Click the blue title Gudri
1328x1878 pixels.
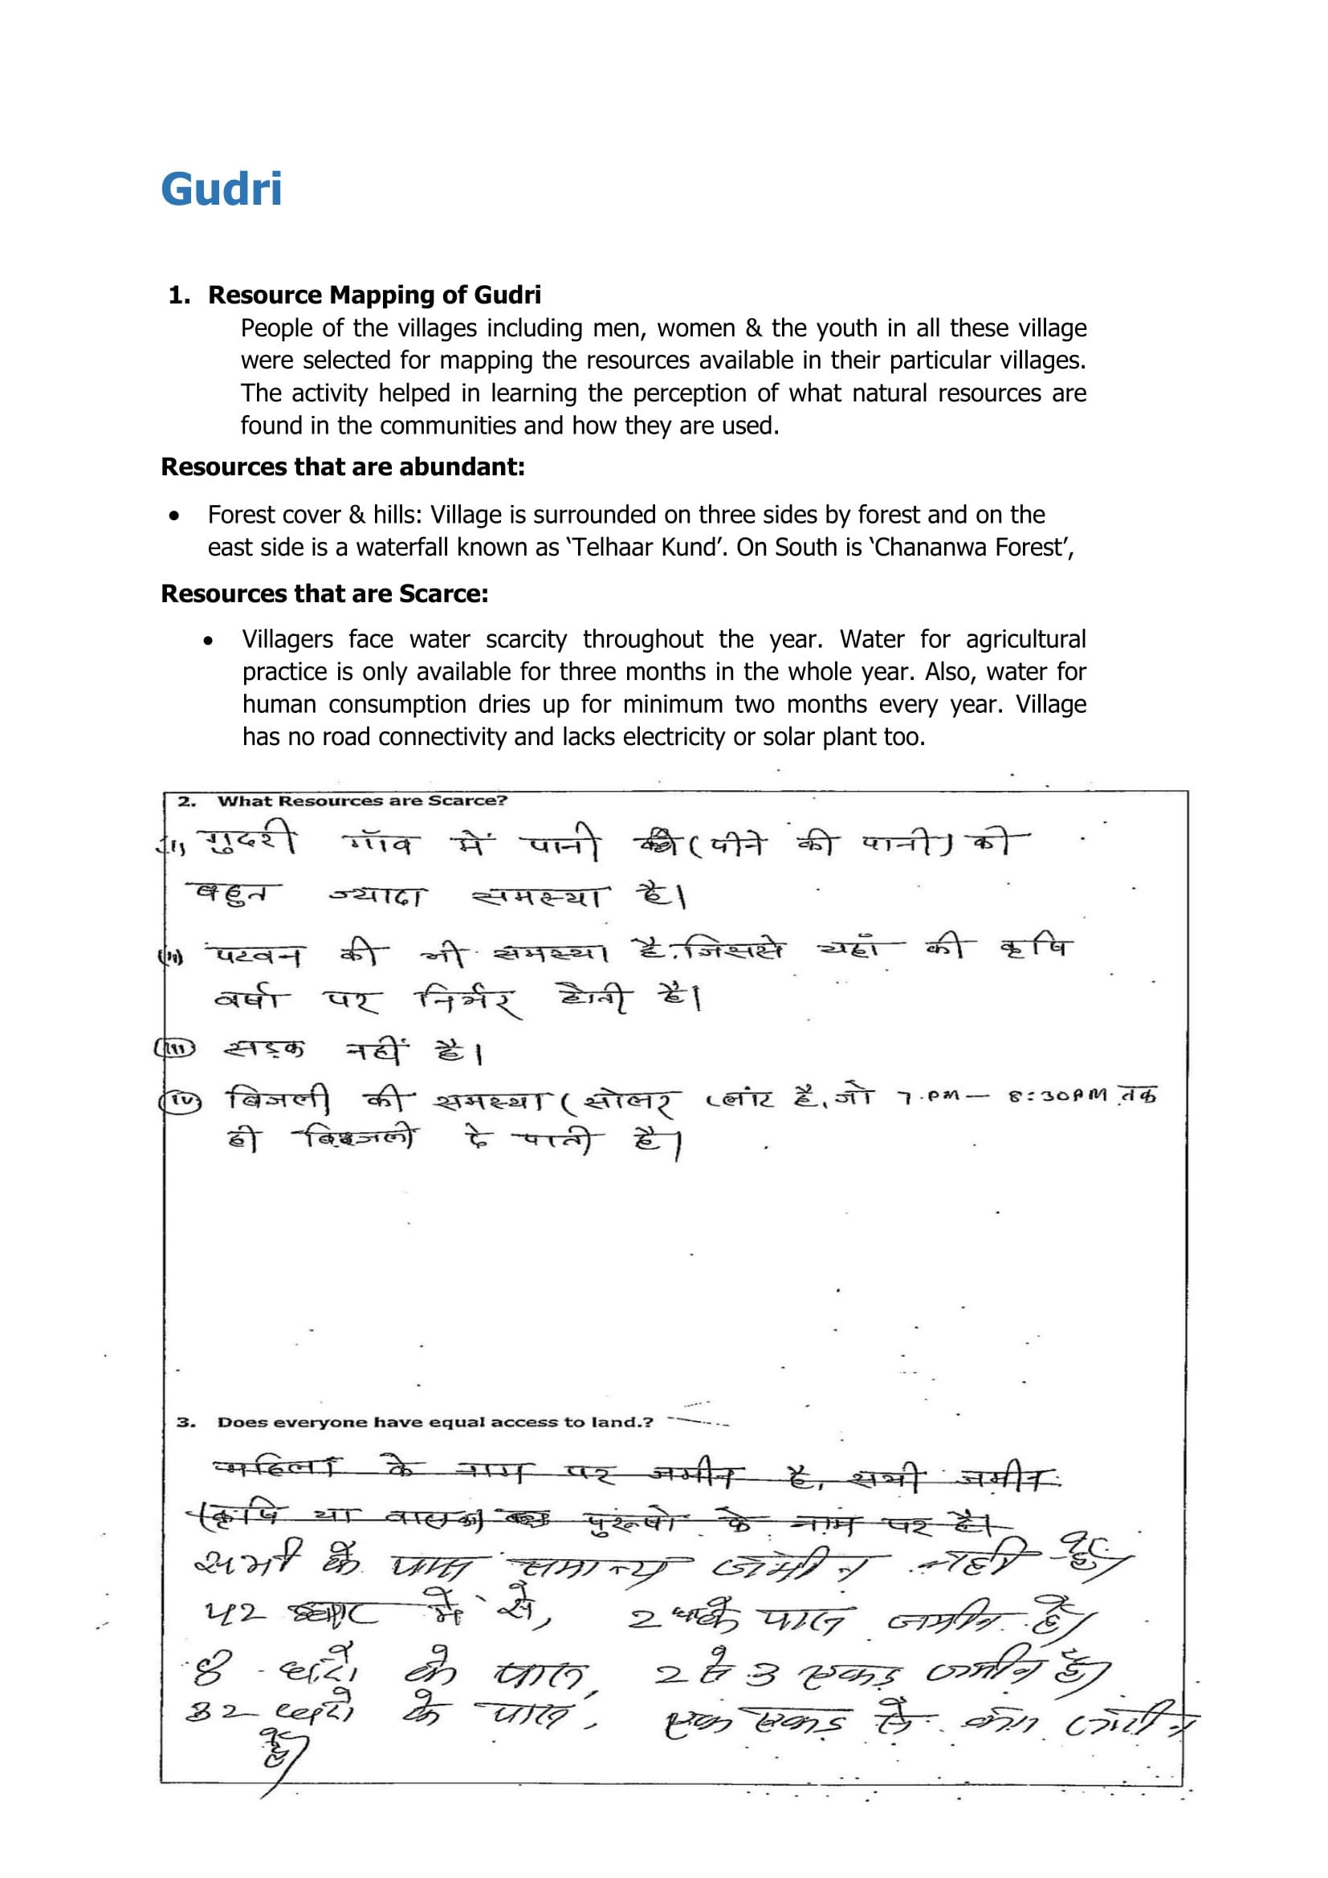tap(222, 189)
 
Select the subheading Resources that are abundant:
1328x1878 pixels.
tap(343, 467)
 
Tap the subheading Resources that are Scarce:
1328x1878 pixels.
tap(324, 593)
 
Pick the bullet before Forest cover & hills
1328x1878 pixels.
tap(173, 516)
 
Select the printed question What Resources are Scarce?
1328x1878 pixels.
tap(361, 800)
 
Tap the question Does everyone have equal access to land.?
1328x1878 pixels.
tap(435, 1422)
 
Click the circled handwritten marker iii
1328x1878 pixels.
tap(175, 1049)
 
